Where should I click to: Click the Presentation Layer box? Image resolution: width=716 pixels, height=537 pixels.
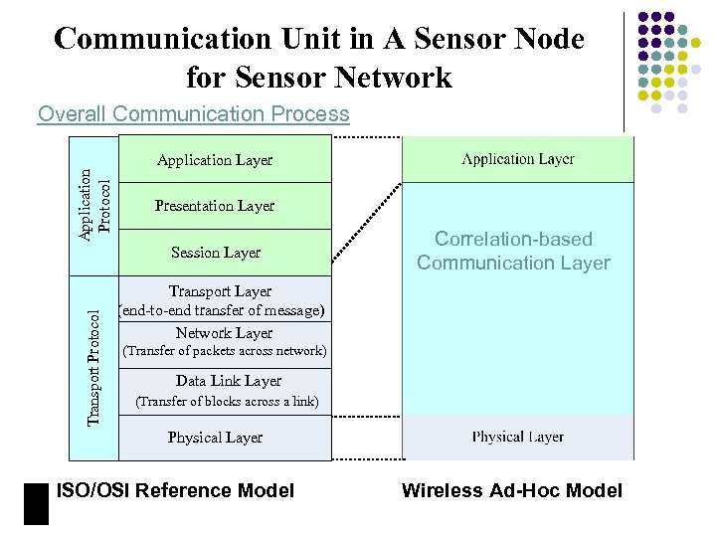tap(215, 206)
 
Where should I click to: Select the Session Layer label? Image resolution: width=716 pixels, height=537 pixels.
tap(215, 253)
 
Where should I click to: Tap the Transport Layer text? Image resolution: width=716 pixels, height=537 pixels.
tap(220, 291)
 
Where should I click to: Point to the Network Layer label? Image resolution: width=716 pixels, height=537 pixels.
tap(224, 333)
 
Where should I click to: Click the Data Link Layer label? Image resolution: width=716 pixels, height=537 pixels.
tap(228, 381)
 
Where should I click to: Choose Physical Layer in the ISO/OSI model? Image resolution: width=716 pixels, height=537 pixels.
tap(215, 438)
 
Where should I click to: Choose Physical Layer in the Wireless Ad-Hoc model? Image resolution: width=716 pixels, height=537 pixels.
tap(517, 437)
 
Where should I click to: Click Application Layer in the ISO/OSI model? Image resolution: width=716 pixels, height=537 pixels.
tap(215, 160)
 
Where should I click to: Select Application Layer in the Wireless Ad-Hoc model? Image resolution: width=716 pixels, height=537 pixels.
tap(517, 159)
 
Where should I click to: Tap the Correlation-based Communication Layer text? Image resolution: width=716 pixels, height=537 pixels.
tap(513, 251)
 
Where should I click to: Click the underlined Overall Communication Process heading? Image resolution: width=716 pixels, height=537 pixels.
tap(194, 114)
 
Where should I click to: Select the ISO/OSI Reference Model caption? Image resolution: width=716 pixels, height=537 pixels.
tap(176, 490)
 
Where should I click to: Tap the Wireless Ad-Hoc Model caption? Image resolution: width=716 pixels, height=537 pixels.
tap(512, 490)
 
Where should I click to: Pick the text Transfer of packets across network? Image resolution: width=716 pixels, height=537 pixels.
tap(223, 351)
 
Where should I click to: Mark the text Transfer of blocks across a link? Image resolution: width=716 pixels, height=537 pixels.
tap(227, 402)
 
